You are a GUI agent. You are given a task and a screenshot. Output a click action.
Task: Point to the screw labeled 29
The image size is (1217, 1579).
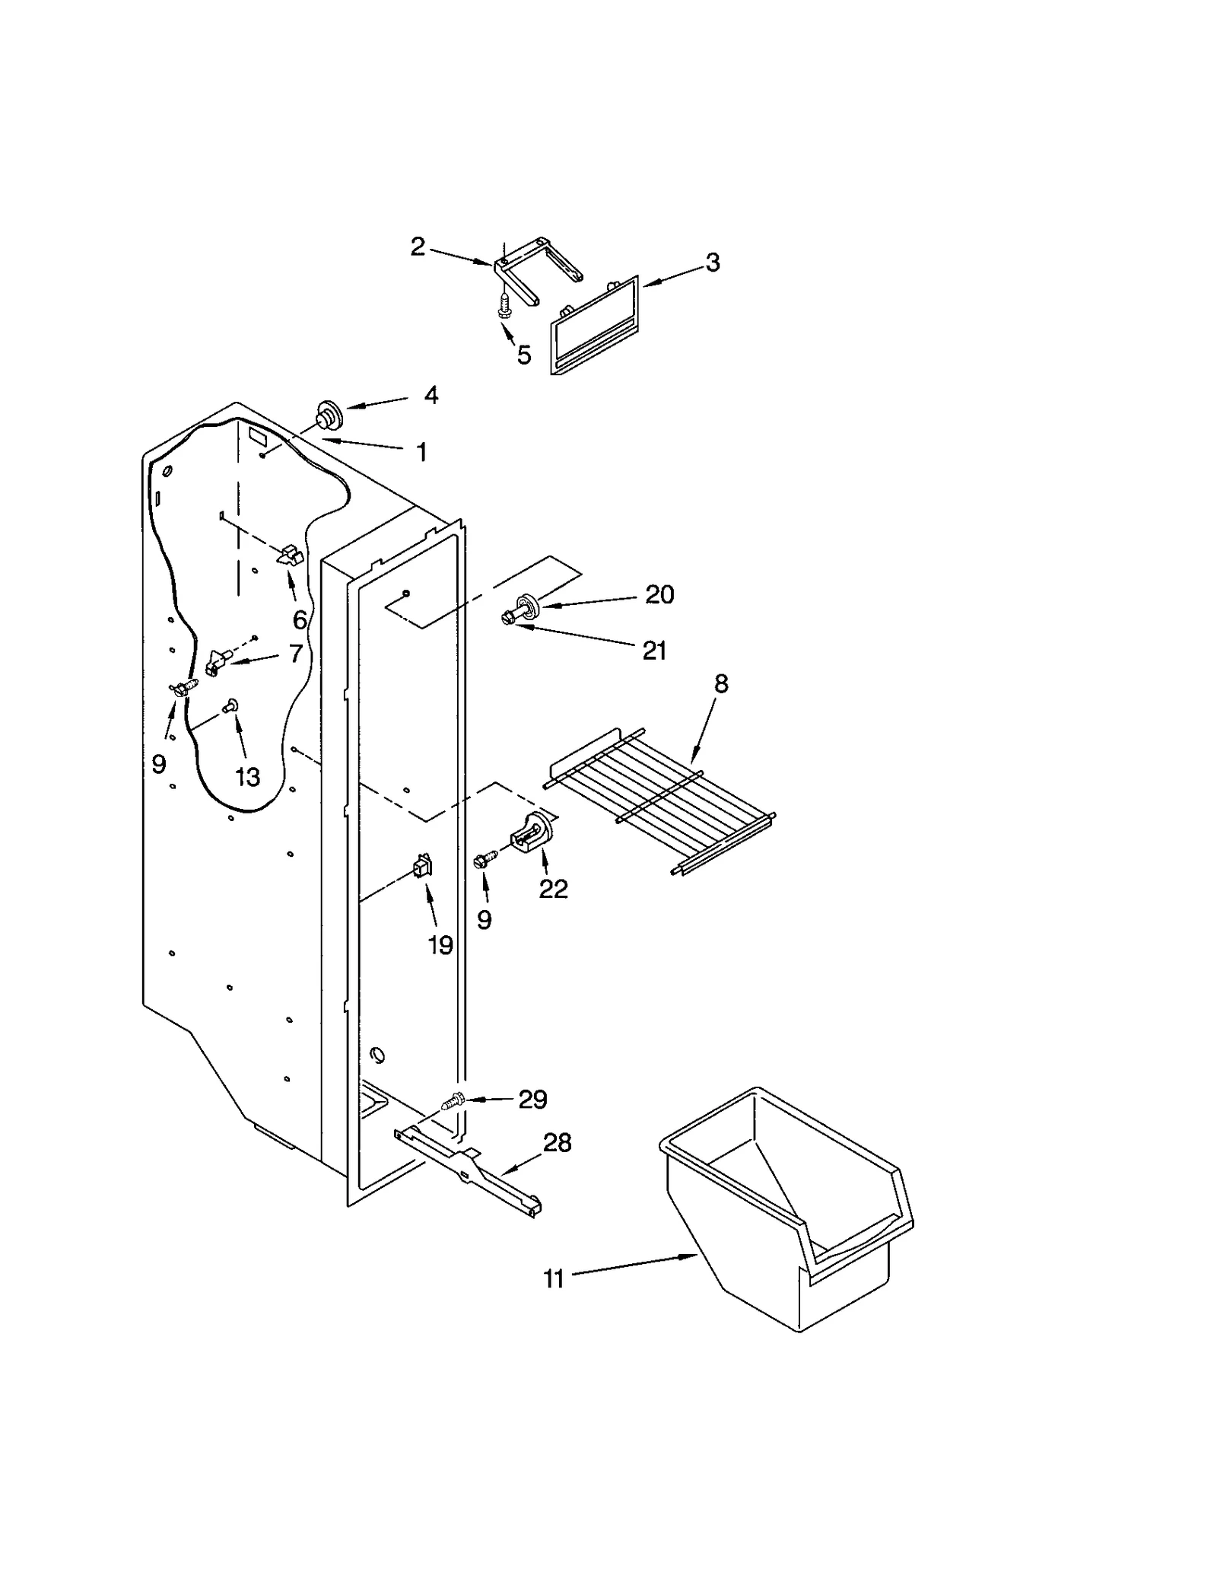coord(454,1100)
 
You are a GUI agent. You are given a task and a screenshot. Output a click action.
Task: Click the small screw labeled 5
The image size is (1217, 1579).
coord(503,307)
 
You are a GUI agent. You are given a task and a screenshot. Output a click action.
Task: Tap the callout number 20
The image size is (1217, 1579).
coord(659,594)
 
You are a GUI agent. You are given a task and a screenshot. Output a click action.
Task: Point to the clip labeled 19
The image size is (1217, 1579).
coord(421,867)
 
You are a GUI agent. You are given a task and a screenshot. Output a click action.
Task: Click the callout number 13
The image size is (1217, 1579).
coord(247,777)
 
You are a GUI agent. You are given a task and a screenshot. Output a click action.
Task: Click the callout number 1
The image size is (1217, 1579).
coord(421,453)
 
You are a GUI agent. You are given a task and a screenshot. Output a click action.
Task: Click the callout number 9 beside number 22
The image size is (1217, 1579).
coord(484,920)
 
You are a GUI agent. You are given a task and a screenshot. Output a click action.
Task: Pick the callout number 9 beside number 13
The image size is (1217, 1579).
coord(158,764)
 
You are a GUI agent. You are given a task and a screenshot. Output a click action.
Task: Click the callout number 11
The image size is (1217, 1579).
coord(553,1279)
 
